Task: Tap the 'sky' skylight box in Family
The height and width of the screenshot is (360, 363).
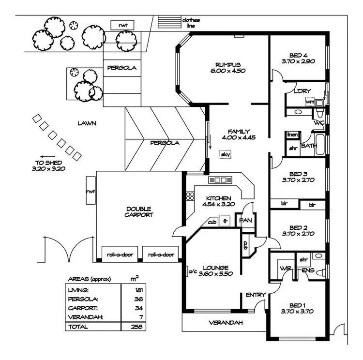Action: tap(225, 154)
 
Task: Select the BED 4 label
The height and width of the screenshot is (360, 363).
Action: tap(298, 55)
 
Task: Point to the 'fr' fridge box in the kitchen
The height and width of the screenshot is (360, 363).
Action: tap(225, 222)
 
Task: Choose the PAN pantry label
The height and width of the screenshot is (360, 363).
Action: tap(246, 221)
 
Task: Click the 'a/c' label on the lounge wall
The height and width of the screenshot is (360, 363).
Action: tap(191, 272)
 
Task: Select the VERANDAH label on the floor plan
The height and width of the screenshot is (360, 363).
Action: tap(225, 323)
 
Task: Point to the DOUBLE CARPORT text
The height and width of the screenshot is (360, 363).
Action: tap(139, 211)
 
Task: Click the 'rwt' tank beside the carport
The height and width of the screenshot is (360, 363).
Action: tap(91, 192)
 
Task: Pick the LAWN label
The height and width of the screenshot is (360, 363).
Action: tap(87, 123)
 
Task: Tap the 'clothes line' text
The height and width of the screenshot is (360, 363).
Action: tap(191, 23)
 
